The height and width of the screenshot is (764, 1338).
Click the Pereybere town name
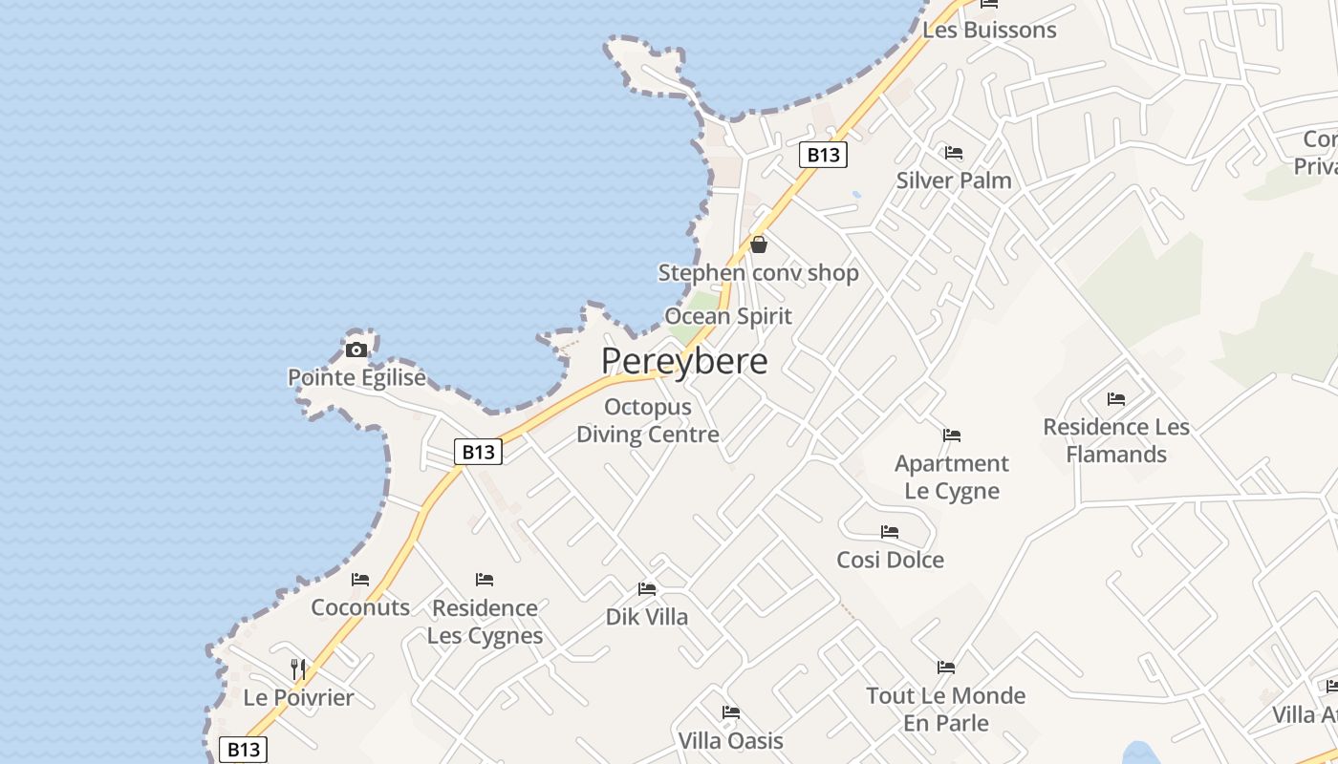pyautogui.click(x=684, y=361)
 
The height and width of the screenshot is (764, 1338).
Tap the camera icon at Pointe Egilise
pyautogui.click(x=356, y=350)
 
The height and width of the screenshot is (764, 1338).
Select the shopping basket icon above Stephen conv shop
pyautogui.click(x=759, y=244)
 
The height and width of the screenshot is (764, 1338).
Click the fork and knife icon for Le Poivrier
pyautogui.click(x=298, y=668)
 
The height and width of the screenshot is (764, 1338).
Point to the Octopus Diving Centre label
pyautogui.click(x=647, y=420)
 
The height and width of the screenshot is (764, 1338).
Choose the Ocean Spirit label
pyautogui.click(x=728, y=316)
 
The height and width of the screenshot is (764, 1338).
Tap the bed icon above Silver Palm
pyautogui.click(x=953, y=153)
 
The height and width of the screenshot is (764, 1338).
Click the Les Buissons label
pyautogui.click(x=989, y=30)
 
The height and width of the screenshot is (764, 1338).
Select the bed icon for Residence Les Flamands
pyautogui.click(x=1115, y=399)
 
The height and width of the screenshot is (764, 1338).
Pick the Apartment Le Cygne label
pyautogui.click(x=952, y=477)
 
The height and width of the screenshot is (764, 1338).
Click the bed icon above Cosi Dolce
pyautogui.click(x=890, y=532)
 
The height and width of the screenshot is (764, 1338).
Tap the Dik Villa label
pyautogui.click(x=647, y=617)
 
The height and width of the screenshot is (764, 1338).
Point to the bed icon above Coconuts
pyautogui.click(x=360, y=580)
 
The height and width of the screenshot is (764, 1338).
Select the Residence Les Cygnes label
pyautogui.click(x=485, y=621)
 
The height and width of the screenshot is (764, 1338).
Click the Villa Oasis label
pyautogui.click(x=730, y=740)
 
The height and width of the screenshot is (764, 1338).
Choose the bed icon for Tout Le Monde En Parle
pyautogui.click(x=946, y=668)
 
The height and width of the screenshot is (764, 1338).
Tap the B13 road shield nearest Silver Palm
pyautogui.click(x=823, y=155)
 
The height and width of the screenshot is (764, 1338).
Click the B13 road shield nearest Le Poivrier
pyautogui.click(x=243, y=750)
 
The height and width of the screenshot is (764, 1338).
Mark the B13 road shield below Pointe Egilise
pyautogui.click(x=478, y=452)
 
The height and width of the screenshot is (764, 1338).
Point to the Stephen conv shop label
pyautogui.click(x=758, y=273)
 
